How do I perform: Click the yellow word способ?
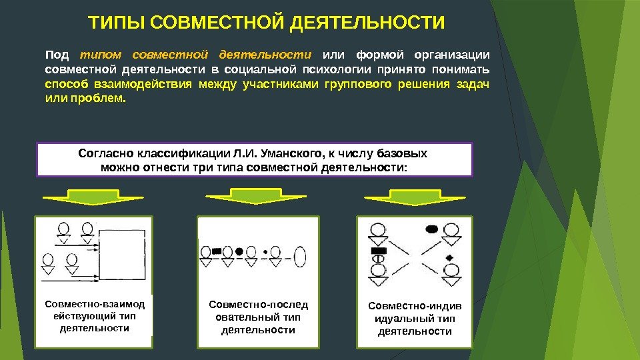click(67, 85)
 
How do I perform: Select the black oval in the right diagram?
click(431, 229)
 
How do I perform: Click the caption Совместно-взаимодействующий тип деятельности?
click(93, 316)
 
